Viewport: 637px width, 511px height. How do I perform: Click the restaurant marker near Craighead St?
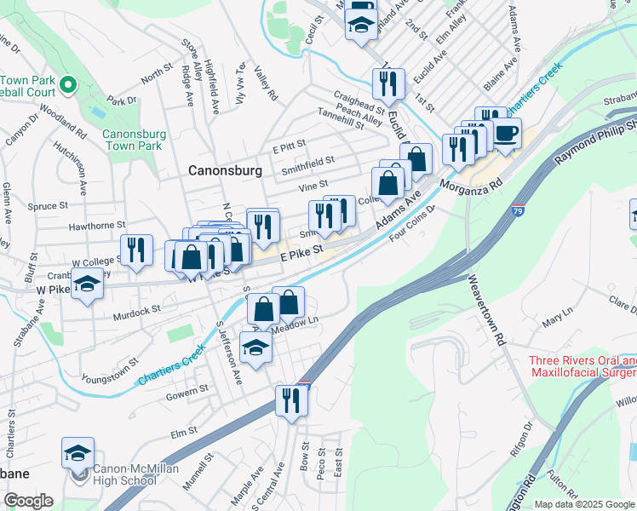click(386, 83)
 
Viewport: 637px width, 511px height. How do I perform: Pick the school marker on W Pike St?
click(86, 284)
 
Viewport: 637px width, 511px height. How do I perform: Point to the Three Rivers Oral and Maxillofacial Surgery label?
click(582, 366)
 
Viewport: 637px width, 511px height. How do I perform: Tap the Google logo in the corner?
click(28, 501)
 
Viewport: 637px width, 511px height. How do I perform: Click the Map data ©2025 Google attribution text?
click(583, 504)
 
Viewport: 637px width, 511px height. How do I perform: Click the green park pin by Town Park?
click(69, 86)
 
